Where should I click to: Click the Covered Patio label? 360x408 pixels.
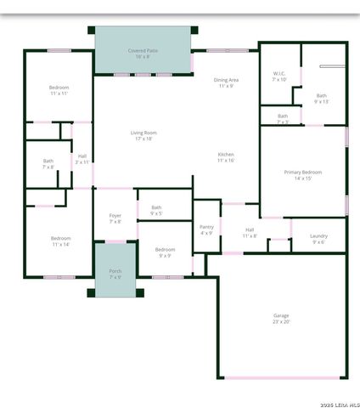coord(143,53)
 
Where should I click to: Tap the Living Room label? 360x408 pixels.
coord(143,135)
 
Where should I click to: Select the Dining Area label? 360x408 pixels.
coord(226,82)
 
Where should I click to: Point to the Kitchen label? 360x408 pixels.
coord(225,156)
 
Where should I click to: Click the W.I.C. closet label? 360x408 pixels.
coord(279,76)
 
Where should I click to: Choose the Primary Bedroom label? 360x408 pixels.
coord(303,174)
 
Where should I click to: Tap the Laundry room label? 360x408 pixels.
coord(318,238)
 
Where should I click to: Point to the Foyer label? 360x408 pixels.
coord(115,218)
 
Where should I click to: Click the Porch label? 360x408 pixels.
coord(115,274)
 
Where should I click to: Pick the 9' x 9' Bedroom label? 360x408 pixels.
coord(165,252)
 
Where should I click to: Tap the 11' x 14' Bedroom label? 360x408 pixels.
coord(60,241)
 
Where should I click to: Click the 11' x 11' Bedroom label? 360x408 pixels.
coord(59,90)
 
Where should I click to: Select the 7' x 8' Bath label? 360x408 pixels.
coord(48,163)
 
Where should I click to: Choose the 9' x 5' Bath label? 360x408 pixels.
coord(156,210)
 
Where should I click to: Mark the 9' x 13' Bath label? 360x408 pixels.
coord(321,99)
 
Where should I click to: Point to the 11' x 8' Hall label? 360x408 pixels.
coord(250,232)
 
